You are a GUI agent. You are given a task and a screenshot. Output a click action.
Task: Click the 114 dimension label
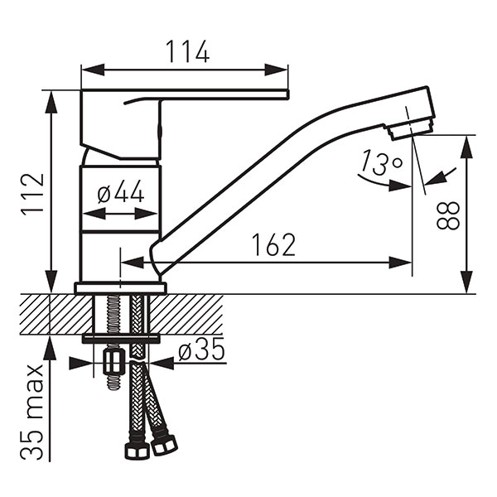[x=187, y=51]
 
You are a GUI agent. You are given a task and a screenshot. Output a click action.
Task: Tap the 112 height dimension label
[x=32, y=195]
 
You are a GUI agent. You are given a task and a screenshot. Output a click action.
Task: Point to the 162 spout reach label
[x=274, y=244]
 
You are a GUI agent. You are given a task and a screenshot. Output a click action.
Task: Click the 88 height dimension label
[x=448, y=215]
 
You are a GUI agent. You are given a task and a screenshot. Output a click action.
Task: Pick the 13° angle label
[x=382, y=162]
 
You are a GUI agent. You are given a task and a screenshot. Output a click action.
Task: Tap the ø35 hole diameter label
[x=201, y=349]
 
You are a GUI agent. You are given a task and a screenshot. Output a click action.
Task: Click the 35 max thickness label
[x=32, y=412]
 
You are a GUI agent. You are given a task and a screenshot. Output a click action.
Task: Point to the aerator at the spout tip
[x=408, y=128]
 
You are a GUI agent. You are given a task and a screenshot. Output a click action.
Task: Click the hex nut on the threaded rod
[x=113, y=362]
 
